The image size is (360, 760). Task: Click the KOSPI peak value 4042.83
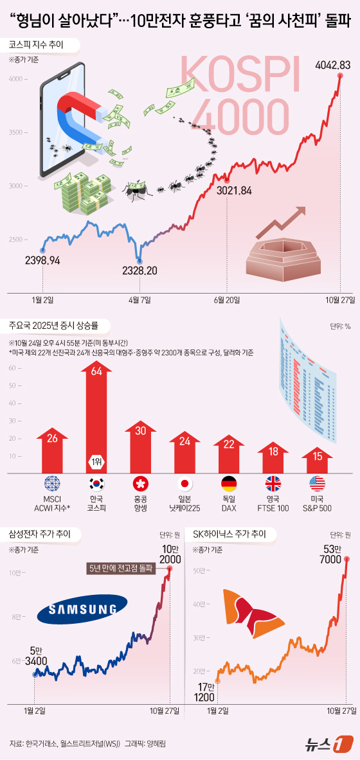332,65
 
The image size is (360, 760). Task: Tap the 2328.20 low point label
139,270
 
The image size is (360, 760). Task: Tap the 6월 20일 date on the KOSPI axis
225,299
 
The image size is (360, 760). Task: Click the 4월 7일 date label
139,299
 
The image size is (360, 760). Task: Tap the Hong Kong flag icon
140,484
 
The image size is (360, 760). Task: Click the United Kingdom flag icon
274,484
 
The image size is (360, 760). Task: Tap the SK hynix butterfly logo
253,607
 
